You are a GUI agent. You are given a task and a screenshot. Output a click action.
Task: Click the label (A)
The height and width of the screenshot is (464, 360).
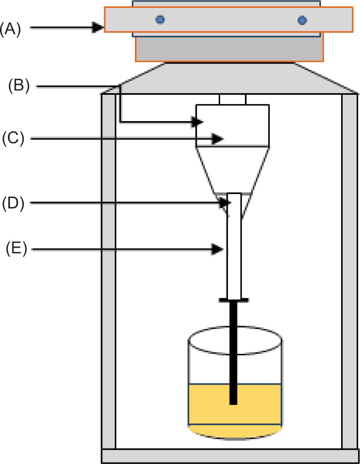pyautogui.click(x=10, y=29)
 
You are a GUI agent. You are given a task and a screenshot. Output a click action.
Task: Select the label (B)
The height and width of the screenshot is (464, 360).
pyautogui.click(x=19, y=86)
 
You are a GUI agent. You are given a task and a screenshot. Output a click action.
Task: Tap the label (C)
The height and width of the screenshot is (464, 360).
pyautogui.click(x=12, y=138)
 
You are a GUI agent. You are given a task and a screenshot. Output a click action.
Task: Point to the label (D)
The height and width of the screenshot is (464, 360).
pyautogui.click(x=12, y=202)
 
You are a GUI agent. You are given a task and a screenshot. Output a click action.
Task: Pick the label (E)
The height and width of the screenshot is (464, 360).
pyautogui.click(x=15, y=248)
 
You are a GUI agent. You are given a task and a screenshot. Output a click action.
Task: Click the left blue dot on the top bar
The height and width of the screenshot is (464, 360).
pyautogui.click(x=160, y=19)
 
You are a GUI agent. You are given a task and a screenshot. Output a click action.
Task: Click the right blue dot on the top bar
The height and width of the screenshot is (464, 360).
pyautogui.click(x=302, y=20)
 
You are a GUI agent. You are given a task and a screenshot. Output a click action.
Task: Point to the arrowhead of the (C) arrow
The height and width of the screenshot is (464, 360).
pyautogui.click(x=217, y=139)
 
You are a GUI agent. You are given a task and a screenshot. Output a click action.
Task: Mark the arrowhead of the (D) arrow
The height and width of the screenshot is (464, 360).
pyautogui.click(x=226, y=202)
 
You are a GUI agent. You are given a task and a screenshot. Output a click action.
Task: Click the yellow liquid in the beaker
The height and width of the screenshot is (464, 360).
pyautogui.click(x=208, y=407)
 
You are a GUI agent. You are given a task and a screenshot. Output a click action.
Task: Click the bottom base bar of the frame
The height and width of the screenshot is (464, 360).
pyautogui.click(x=231, y=456)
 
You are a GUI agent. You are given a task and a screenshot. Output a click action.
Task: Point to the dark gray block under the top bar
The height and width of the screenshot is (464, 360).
pyautogui.click(x=230, y=49)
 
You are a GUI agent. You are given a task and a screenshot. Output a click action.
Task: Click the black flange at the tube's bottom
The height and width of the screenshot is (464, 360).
pyautogui.click(x=233, y=300)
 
